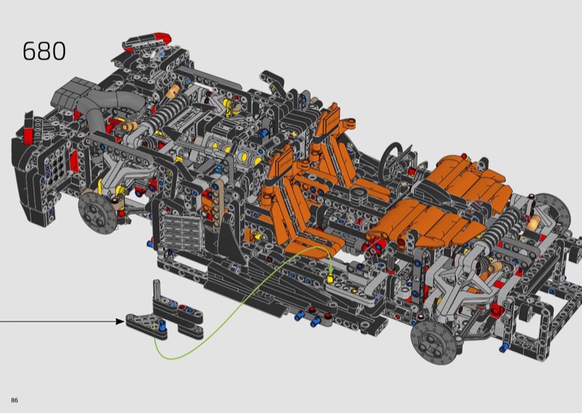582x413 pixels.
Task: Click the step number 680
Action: click(44, 51)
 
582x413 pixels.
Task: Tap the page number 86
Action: click(15, 401)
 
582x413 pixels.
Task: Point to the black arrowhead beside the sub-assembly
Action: click(120, 321)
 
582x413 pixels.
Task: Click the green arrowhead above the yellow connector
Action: click(331, 272)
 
